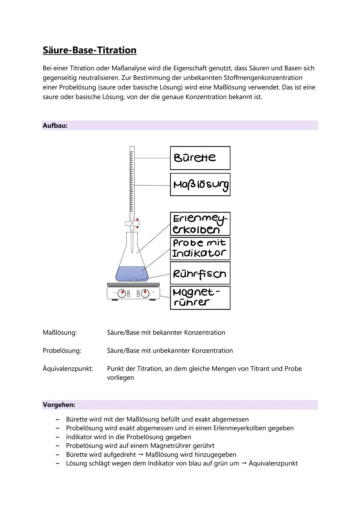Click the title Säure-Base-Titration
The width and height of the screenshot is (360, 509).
click(x=89, y=50)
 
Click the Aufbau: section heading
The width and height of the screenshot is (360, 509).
click(x=55, y=126)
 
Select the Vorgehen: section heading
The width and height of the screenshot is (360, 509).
click(x=59, y=405)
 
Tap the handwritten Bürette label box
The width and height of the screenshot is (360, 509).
click(x=200, y=158)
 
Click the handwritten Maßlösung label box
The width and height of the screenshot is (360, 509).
click(x=200, y=184)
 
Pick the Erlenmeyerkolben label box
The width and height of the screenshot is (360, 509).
click(x=200, y=224)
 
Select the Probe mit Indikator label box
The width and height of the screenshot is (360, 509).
click(x=200, y=248)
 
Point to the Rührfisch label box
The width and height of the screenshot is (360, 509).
click(x=200, y=273)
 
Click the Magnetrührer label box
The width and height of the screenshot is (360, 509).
click(x=200, y=298)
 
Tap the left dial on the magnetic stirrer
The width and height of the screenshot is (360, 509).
click(x=122, y=293)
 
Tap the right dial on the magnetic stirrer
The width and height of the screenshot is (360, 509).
click(x=145, y=293)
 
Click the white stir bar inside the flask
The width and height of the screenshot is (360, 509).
click(x=134, y=280)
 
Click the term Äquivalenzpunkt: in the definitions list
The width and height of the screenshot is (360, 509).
click(x=68, y=369)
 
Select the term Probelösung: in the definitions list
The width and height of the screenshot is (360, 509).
click(x=62, y=351)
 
